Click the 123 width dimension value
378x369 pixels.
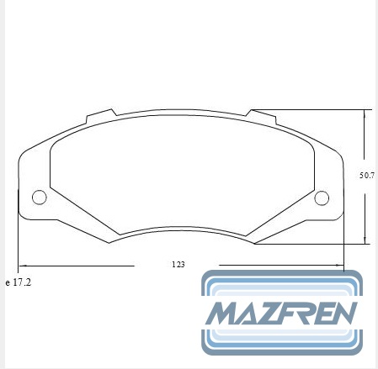click(x=178, y=265)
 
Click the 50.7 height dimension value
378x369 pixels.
click(x=367, y=176)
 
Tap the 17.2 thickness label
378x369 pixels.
click(x=22, y=282)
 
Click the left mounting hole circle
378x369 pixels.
click(x=40, y=198)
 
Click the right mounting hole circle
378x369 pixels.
click(x=322, y=198)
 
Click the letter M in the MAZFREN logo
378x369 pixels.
click(x=224, y=314)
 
